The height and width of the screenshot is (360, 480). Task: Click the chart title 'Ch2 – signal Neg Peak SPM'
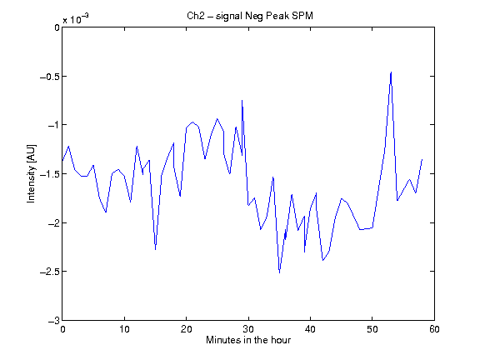click(250, 16)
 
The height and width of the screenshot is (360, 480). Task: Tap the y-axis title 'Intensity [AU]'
click(31, 173)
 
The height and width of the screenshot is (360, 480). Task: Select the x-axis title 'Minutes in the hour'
click(248, 340)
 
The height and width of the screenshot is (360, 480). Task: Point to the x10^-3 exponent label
click(76, 19)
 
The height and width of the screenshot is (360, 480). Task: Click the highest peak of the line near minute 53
click(391, 72)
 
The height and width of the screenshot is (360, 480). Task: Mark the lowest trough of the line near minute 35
click(279, 272)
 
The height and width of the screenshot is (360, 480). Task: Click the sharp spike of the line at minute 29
click(242, 100)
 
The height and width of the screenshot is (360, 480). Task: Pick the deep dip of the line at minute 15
click(156, 250)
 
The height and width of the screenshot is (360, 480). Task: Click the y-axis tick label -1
click(53, 125)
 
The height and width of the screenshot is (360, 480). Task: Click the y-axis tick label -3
click(53, 321)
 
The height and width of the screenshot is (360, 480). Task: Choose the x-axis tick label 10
click(124, 329)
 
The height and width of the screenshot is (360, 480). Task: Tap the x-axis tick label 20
click(186, 329)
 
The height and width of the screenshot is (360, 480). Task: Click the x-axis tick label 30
click(248, 329)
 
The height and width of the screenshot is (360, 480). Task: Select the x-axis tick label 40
click(310, 329)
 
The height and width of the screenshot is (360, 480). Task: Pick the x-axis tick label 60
click(434, 329)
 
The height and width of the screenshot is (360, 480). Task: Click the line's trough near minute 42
click(322, 260)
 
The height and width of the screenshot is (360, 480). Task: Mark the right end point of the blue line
click(422, 159)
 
